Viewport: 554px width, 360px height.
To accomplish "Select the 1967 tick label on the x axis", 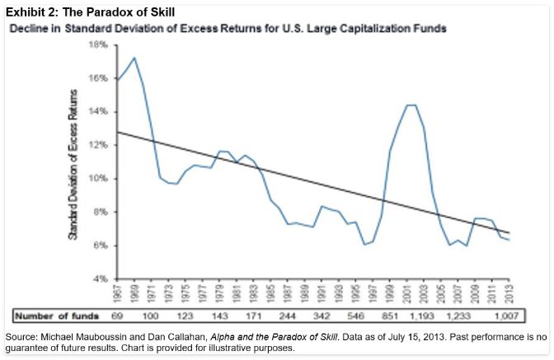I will tap(118, 292).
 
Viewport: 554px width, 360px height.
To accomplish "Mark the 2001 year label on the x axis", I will tap(407, 292).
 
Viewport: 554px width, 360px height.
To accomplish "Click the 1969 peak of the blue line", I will tap(134, 58).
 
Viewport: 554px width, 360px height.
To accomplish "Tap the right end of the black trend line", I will tap(509, 232).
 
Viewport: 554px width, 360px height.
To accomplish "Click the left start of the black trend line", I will tap(117, 132).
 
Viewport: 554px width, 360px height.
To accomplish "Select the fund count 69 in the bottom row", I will tap(117, 315).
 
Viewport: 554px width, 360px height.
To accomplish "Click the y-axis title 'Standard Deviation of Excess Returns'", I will tap(73, 164).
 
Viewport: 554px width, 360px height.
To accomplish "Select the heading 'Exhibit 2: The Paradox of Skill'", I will tap(87, 10).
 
